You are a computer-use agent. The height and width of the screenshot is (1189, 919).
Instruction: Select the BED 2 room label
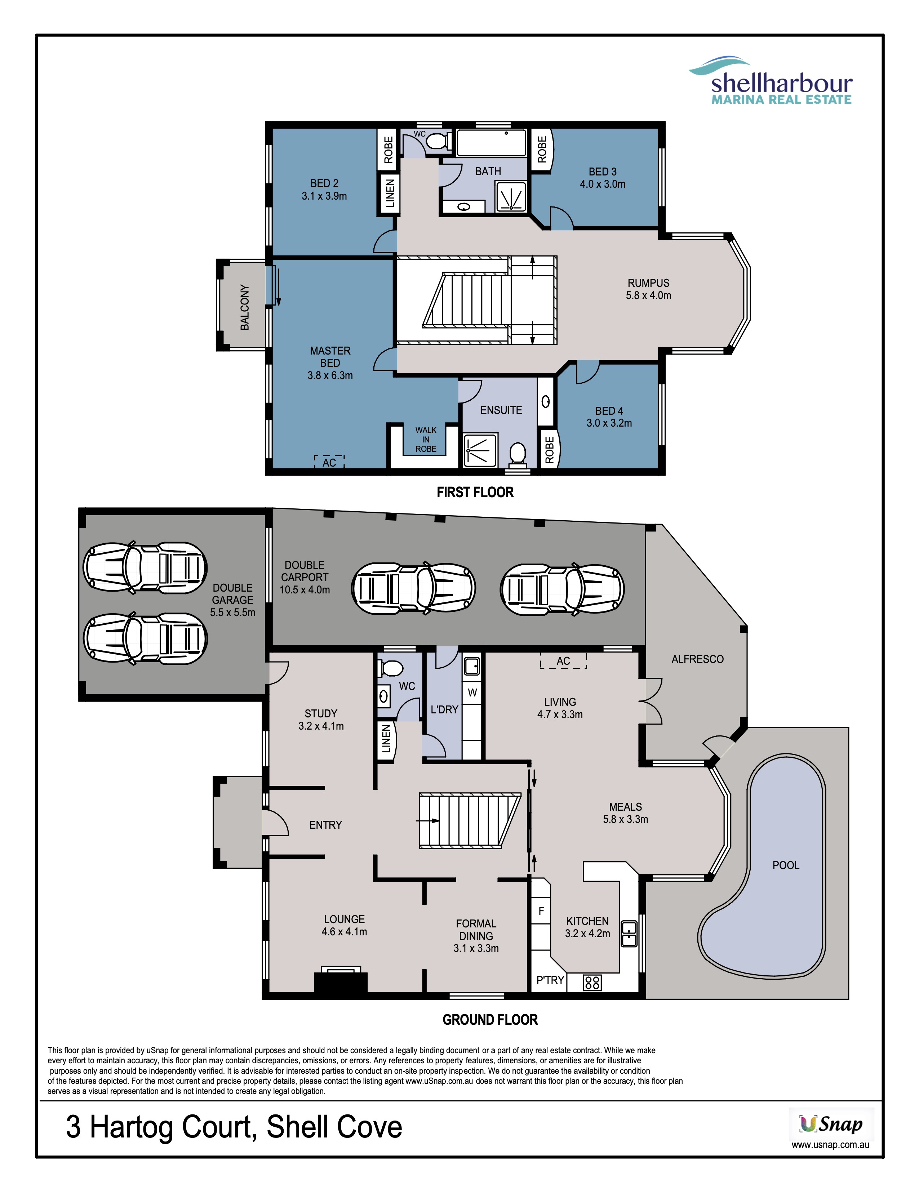(x=324, y=190)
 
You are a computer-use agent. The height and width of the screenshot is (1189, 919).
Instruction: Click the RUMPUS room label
(x=648, y=289)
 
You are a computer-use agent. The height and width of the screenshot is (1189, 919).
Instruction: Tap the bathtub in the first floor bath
(x=491, y=143)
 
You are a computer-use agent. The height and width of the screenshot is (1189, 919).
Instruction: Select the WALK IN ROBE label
(x=426, y=439)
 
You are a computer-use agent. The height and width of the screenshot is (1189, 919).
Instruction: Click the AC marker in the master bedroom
(x=329, y=462)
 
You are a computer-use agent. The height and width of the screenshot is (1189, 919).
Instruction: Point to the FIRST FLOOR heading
(x=475, y=492)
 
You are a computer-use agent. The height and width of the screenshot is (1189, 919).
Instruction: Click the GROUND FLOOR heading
(x=490, y=1020)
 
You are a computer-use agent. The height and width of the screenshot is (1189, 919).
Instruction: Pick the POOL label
(x=786, y=865)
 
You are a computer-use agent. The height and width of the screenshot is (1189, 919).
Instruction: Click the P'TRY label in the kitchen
(x=550, y=980)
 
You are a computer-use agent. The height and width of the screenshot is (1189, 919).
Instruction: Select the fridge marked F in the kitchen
(x=541, y=911)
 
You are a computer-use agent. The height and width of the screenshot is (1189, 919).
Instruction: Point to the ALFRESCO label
(x=697, y=659)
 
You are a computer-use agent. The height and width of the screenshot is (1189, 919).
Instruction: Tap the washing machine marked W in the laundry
(x=472, y=693)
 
